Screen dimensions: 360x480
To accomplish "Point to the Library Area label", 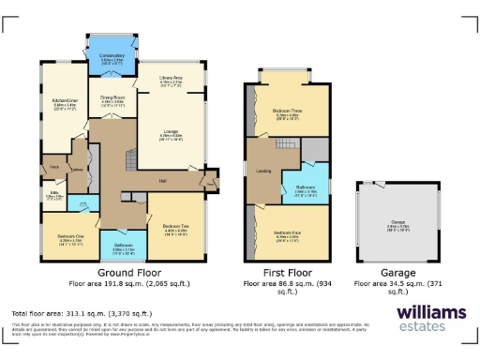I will click(x=171, y=78).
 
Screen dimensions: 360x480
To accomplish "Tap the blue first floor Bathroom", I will click(x=307, y=187).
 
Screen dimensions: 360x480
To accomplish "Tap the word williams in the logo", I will click(x=430, y=311).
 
